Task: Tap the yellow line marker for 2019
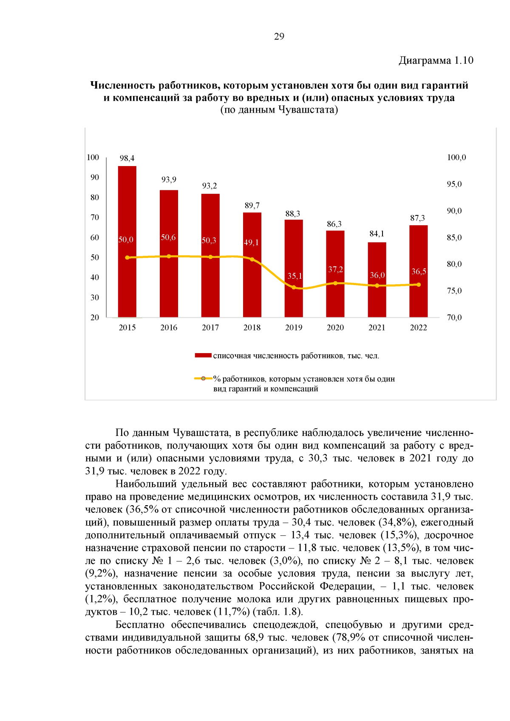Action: pyautogui.click(x=294, y=288)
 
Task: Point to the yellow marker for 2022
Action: pyautogui.click(x=419, y=285)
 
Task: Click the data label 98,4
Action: pyautogui.click(x=127, y=158)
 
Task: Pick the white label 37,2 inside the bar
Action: pyautogui.click(x=335, y=269)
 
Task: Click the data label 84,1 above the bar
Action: pyautogui.click(x=377, y=234)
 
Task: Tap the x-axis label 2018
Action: pyautogui.click(x=252, y=328)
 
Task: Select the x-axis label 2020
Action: pyautogui.click(x=335, y=328)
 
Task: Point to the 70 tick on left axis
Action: pyautogui.click(x=94, y=218)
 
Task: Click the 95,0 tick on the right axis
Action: pyautogui.click(x=454, y=184)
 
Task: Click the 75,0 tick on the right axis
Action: pyautogui.click(x=454, y=291)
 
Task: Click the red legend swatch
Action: pyautogui.click(x=203, y=356)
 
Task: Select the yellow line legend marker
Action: pyautogui.click(x=204, y=379)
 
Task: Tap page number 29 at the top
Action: pyautogui.click(x=279, y=37)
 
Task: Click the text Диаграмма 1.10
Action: pyautogui.click(x=436, y=60)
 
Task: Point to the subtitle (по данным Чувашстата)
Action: pyautogui.click(x=279, y=110)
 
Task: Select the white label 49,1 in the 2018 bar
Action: pyautogui.click(x=251, y=243)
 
